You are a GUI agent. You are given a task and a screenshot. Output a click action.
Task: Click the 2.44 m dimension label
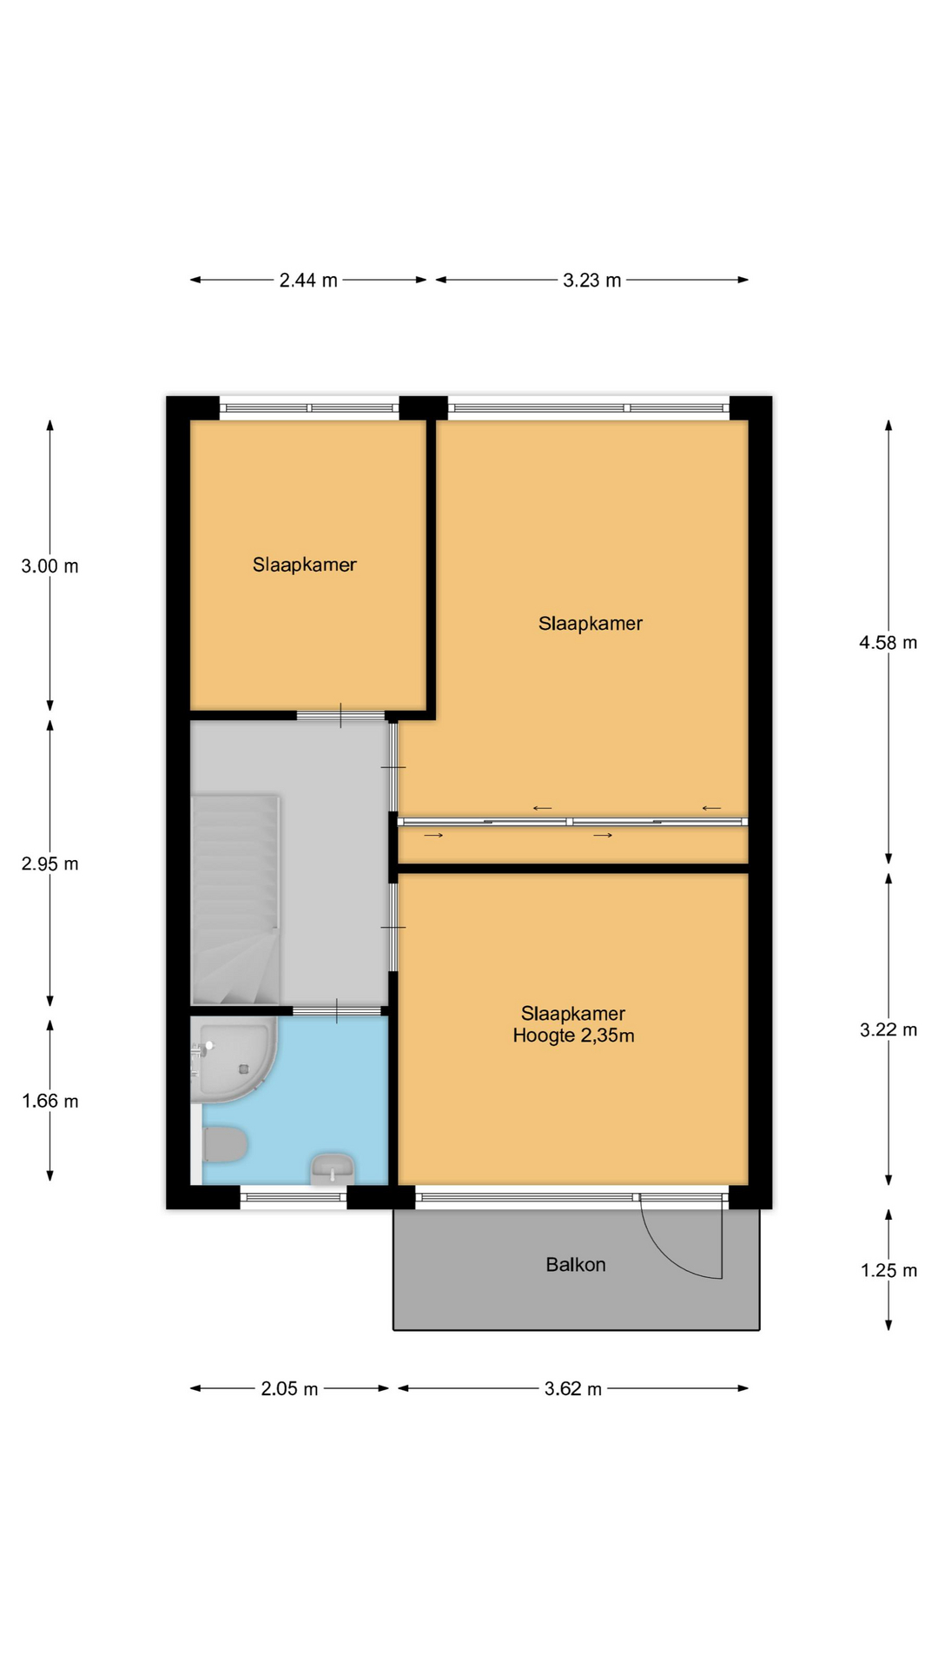[x=308, y=280]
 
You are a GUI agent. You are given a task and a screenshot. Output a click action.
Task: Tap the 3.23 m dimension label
[x=592, y=280]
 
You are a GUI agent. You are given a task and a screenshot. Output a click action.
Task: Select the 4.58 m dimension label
[x=888, y=642]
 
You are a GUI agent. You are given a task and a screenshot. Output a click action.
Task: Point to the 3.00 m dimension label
[x=50, y=566]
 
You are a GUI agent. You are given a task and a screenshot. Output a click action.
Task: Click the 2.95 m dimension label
[x=50, y=864]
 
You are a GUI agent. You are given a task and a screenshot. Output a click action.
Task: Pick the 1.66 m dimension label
[x=50, y=1101]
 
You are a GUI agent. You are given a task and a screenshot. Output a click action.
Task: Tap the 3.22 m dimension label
[x=888, y=1029]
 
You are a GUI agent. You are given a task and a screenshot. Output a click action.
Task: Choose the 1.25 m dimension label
[x=888, y=1270]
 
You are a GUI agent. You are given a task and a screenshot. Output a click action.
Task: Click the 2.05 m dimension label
[x=289, y=1388]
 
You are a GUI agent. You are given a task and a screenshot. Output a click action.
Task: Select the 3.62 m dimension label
[x=573, y=1388]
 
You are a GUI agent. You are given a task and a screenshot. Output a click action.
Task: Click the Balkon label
[x=576, y=1264]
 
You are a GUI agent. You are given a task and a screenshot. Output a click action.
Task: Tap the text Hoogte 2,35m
[x=573, y=1035]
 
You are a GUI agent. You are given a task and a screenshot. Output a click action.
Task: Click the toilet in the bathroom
[x=225, y=1144]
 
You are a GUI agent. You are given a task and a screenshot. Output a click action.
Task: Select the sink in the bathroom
[x=333, y=1168]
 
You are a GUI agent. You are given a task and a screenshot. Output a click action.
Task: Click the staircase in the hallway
[x=235, y=899]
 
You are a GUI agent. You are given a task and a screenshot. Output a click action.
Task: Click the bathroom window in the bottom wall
[x=294, y=1197]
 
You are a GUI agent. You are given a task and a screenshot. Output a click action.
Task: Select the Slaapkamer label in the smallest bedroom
[x=305, y=565]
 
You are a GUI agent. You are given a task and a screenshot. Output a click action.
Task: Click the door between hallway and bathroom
[x=337, y=1010]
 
